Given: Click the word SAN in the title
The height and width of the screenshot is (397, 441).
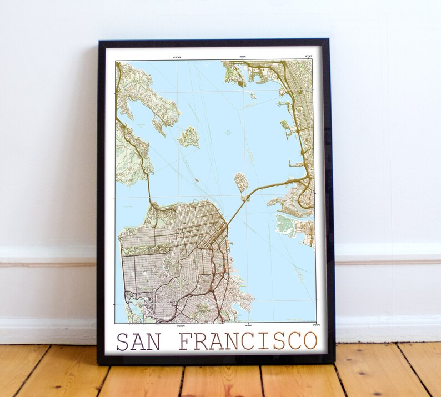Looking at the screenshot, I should click(137, 341).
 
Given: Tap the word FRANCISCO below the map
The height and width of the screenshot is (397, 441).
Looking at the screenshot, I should click(248, 340).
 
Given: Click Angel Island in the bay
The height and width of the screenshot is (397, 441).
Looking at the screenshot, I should click(189, 137).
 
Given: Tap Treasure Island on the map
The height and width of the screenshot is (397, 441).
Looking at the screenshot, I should click(240, 180).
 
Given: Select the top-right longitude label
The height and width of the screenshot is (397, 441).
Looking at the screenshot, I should click(309, 56).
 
